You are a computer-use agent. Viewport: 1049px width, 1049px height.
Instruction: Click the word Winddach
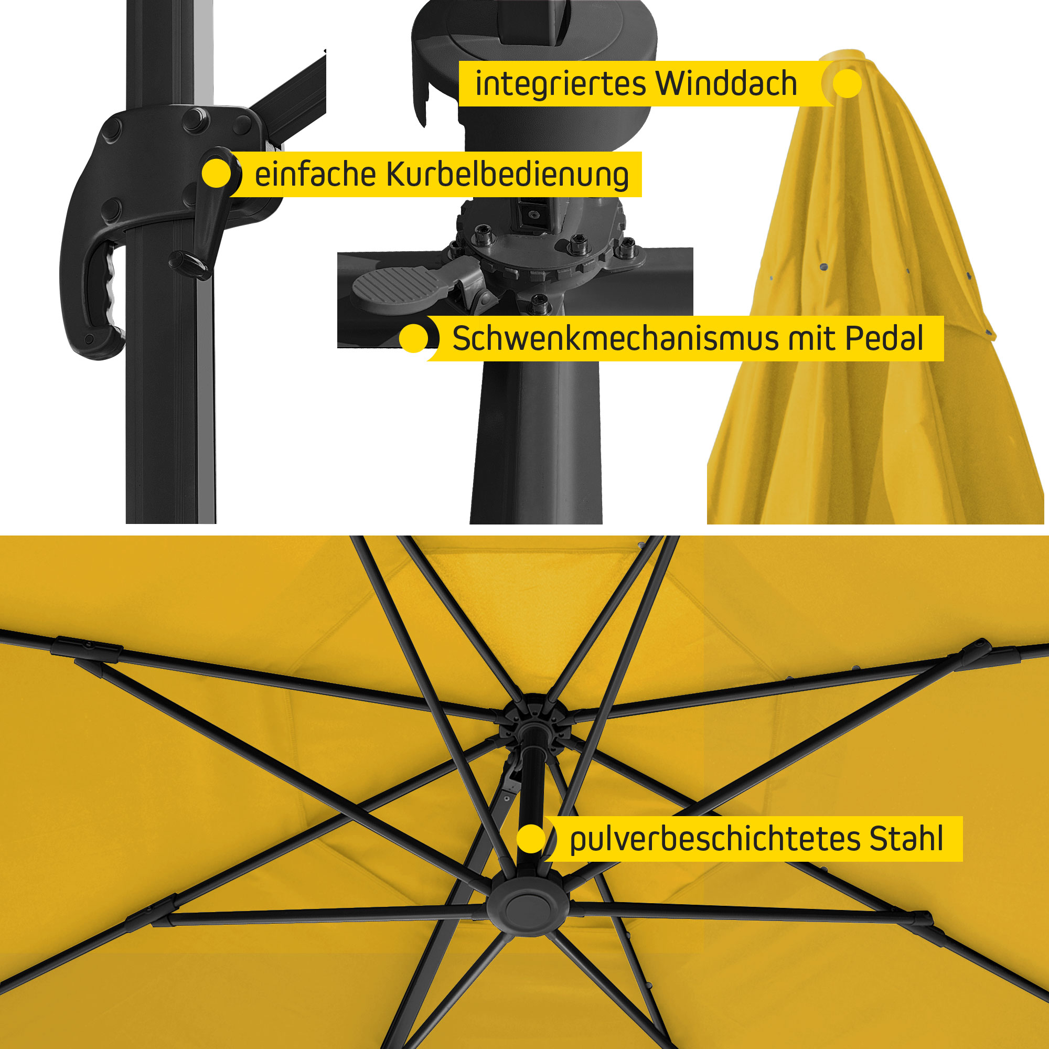click(726, 83)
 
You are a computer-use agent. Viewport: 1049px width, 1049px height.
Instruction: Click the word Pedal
click(884, 338)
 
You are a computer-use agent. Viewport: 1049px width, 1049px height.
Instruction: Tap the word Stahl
click(906, 838)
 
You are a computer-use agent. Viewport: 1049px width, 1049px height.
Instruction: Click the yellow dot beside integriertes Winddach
click(847, 83)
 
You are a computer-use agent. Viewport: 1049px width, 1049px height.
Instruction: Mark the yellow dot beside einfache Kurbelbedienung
click(216, 174)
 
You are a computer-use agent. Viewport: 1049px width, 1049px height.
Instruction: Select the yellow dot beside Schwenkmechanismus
click(414, 339)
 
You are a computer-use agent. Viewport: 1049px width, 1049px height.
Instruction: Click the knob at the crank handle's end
click(188, 263)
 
